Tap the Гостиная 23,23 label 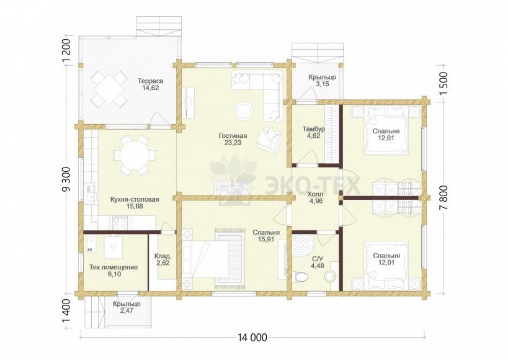click(x=233, y=139)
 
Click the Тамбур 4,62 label click(x=314, y=132)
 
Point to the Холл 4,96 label click(x=315, y=197)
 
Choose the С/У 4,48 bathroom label click(x=318, y=263)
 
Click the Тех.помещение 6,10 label click(x=114, y=271)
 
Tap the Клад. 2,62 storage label click(x=163, y=259)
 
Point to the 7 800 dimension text click(x=443, y=198)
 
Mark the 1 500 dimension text click(x=443, y=83)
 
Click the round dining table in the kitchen click(x=135, y=155)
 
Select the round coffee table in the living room click(x=243, y=111)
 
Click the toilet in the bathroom click(x=301, y=277)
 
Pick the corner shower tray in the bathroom click(x=303, y=246)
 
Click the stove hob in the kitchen click(x=120, y=223)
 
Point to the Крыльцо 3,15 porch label click(x=323, y=81)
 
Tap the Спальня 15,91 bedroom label click(x=266, y=236)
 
